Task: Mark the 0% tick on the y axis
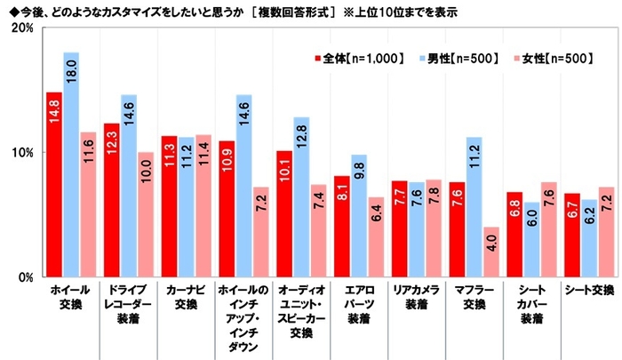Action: pyautogui.click(x=23, y=276)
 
